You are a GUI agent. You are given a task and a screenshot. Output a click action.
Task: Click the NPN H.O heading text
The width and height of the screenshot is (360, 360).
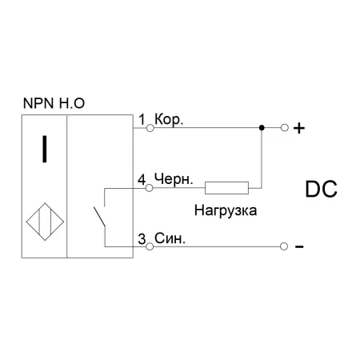[x=54, y=103]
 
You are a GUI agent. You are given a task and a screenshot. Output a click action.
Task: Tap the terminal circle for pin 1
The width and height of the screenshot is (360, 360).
[x=150, y=128]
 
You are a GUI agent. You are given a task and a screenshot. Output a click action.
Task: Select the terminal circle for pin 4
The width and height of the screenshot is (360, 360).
[x=150, y=188]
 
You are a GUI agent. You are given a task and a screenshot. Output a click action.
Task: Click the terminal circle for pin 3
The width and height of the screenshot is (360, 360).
[x=150, y=246]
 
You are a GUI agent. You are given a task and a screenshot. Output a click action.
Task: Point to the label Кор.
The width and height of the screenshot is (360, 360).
[x=169, y=119]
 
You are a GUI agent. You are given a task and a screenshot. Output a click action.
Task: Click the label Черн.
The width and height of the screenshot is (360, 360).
[x=174, y=179]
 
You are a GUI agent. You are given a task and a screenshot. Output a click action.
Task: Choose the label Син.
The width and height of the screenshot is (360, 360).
[x=170, y=238]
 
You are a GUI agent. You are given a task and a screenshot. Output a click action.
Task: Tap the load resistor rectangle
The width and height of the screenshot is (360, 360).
[x=226, y=188]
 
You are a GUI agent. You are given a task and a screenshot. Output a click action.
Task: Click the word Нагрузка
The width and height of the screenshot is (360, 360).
[x=226, y=210]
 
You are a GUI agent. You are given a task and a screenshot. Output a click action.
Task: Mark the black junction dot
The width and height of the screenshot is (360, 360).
[x=262, y=128]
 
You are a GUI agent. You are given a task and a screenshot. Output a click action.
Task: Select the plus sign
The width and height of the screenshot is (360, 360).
[x=299, y=128]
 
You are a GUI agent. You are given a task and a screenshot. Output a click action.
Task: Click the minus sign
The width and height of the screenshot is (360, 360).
[x=299, y=247]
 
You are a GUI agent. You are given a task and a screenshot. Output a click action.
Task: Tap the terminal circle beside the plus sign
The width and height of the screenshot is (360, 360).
[x=285, y=128]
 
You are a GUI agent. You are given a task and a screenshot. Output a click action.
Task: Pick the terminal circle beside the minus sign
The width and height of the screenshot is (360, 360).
[x=284, y=246]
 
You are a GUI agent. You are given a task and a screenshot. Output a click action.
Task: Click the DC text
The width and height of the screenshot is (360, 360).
[x=321, y=189]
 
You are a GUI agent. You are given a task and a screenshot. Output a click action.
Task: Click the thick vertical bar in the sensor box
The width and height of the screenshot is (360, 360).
[x=45, y=149]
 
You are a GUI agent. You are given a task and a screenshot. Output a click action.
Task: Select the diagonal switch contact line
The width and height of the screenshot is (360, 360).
[x=99, y=217]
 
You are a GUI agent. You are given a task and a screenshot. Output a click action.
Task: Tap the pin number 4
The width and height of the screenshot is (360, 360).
[x=142, y=179]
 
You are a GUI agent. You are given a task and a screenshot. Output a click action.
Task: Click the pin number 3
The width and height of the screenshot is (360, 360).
[x=142, y=238]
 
